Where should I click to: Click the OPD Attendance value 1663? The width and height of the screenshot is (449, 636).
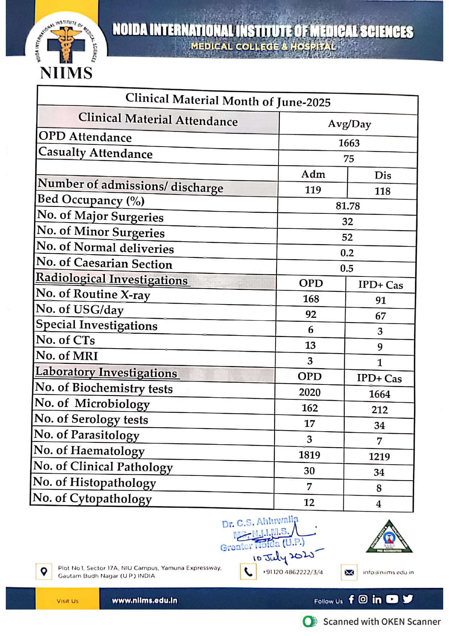tap(349, 143)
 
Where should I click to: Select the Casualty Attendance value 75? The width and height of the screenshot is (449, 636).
tap(349, 159)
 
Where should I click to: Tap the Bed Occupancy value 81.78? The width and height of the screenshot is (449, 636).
tap(348, 206)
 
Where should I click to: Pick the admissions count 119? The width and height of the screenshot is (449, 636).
tap(313, 190)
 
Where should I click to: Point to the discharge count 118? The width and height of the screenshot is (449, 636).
tap(382, 191)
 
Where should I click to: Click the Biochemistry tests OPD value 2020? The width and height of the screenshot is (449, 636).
tap(310, 392)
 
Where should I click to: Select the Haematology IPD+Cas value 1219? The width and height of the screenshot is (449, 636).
tap(379, 457)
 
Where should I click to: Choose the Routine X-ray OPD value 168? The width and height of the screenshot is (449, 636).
tap(311, 299)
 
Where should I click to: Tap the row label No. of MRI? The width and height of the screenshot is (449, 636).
tap(67, 356)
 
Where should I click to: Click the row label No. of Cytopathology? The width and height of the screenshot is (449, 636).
tap(92, 498)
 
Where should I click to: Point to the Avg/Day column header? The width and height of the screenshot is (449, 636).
tap(349, 124)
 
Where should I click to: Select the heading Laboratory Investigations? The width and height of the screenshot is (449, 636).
tap(106, 372)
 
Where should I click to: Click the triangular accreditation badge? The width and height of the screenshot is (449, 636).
tap(389, 537)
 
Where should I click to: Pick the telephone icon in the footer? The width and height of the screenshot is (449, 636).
tap(248, 571)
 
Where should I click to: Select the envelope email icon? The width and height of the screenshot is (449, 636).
tap(349, 572)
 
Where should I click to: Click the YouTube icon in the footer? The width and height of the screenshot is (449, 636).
tap(392, 599)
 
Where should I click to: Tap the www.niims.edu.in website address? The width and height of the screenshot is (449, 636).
tap(144, 600)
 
